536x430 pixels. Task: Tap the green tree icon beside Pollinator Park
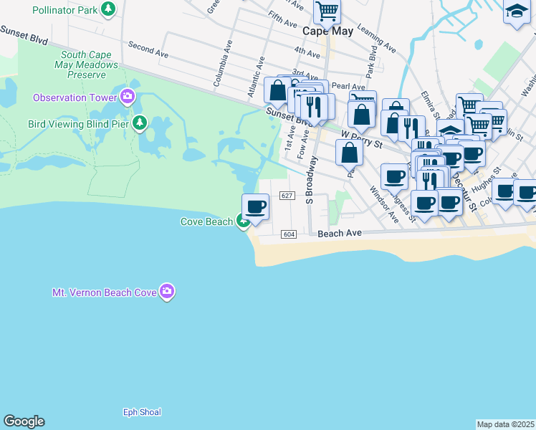pos(108,9)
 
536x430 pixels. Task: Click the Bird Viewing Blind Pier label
pos(79,123)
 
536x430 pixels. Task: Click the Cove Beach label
pos(206,221)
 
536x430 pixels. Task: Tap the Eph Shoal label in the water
pos(142,412)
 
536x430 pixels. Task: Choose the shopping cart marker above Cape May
pos(327,11)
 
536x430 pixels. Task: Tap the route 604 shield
pos(289,234)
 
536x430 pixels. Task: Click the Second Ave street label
pos(148,49)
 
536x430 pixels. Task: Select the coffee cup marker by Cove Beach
pos(256,208)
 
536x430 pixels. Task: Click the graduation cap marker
pos(516,12)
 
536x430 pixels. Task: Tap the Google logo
pos(24,421)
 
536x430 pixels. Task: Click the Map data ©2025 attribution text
pos(505,424)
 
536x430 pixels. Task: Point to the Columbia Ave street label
pos(224,72)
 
